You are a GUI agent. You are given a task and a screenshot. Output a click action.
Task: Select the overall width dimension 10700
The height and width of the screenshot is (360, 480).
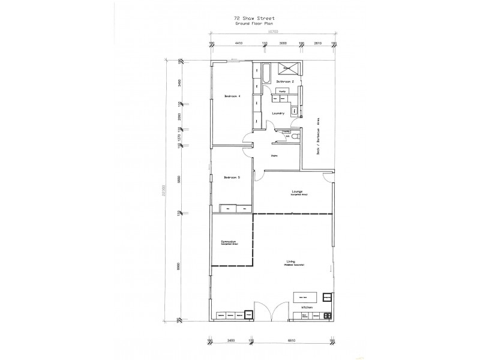coord(273,34)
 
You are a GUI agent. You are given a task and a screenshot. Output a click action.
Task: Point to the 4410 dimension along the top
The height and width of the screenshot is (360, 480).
coord(238,43)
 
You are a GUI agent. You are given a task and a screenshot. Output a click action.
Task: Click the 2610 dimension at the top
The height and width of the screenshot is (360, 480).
coord(318,43)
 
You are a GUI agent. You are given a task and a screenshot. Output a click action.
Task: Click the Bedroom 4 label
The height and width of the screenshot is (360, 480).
coord(232,97)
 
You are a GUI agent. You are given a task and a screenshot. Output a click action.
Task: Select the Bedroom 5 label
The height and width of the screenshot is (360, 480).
coord(232,178)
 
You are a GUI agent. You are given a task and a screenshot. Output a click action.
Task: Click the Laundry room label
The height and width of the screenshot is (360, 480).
coord(277,113)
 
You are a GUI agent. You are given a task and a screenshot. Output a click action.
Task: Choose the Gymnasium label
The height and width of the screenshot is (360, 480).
coord(229,242)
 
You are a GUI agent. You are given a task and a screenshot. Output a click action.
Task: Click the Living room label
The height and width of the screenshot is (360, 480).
coord(292,262)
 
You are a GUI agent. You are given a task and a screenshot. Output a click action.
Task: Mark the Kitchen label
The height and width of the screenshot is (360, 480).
coord(307,306)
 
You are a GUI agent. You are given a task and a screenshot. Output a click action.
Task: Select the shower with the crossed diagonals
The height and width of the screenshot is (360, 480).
coord(291,68)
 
